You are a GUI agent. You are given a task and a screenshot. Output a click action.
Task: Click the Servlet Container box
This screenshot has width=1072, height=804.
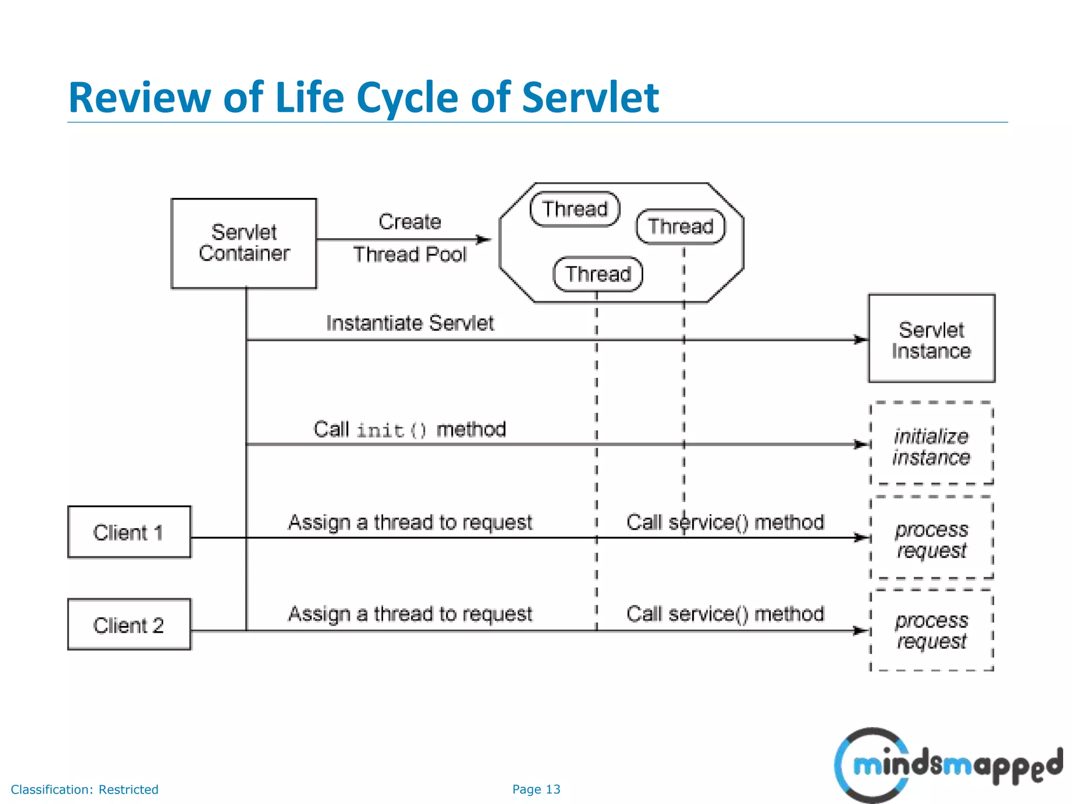point(244,243)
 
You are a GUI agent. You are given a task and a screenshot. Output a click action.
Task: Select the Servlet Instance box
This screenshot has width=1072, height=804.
point(931,339)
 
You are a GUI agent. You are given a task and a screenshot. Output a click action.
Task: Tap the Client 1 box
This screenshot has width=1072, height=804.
point(129,532)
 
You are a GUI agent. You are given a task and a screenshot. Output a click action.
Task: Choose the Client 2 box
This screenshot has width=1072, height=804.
point(129,625)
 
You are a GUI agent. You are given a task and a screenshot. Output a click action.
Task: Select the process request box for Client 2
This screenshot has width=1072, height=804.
point(931,630)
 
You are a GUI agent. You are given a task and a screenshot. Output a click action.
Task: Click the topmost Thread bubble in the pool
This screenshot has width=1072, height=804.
point(575,209)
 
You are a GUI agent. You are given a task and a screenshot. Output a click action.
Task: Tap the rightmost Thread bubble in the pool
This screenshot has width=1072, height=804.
point(680,227)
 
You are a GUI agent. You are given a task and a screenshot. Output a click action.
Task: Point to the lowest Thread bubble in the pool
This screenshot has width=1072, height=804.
point(598,274)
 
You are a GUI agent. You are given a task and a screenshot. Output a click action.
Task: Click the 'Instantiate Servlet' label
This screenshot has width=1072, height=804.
point(410,323)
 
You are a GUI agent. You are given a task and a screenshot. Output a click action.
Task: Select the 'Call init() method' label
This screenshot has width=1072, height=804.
point(410,430)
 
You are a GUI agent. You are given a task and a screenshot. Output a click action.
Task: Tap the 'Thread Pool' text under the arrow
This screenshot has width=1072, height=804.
point(410,255)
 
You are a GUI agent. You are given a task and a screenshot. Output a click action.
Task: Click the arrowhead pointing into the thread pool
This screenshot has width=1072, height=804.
point(485,240)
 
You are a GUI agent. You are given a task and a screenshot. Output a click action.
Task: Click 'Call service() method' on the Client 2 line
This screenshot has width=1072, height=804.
point(725,614)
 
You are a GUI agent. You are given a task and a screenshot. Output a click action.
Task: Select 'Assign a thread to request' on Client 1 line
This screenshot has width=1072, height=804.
point(410,522)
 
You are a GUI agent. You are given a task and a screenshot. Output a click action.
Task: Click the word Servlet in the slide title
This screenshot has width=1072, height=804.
point(590,97)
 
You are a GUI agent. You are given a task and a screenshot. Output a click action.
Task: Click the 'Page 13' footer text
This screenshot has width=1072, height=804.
point(536,789)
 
